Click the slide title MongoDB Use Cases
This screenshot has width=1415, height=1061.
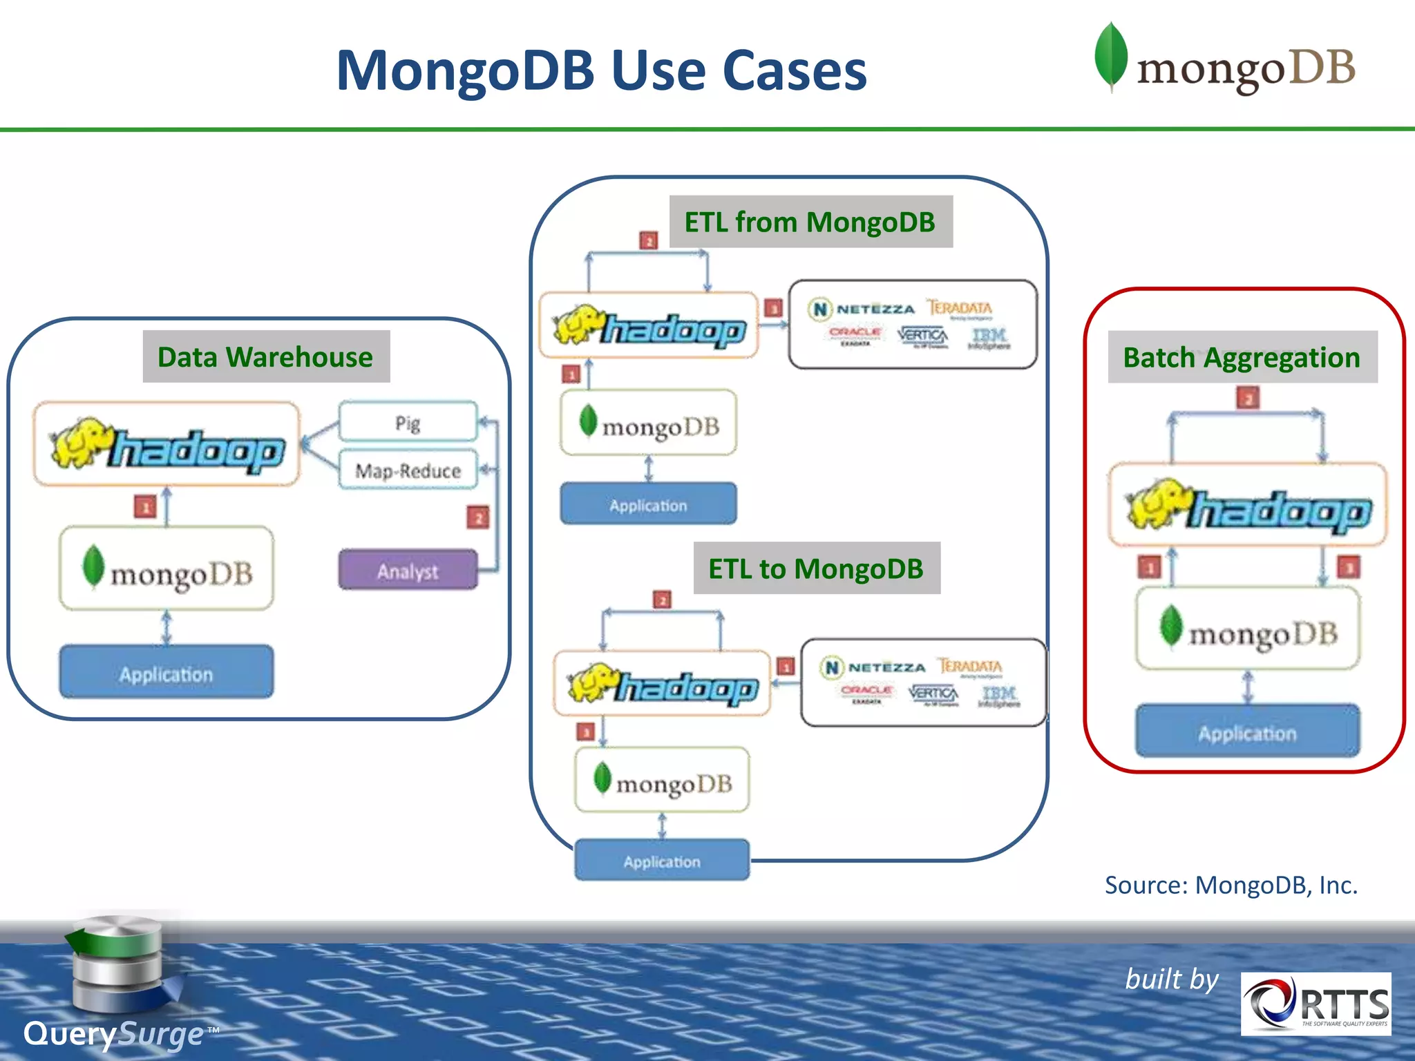[x=601, y=70]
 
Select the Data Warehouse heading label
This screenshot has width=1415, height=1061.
[x=266, y=356]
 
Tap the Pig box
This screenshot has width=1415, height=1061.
[x=408, y=422]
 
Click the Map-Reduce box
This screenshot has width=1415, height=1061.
[x=408, y=470]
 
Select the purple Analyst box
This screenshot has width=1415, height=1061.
[x=408, y=571]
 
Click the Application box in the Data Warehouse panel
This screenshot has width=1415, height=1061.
[x=166, y=673]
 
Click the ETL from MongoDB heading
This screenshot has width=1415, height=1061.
[x=810, y=222]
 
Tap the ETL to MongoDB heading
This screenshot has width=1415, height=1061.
[x=816, y=568]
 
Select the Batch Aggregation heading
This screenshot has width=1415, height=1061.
[x=1242, y=357]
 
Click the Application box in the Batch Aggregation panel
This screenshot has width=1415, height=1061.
[x=1247, y=732]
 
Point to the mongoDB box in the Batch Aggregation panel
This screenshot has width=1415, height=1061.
[x=1248, y=629]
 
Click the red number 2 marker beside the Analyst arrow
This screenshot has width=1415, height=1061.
[x=477, y=517]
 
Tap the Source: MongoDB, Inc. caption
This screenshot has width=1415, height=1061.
[x=1231, y=885]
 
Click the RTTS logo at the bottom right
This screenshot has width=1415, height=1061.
[x=1316, y=1004]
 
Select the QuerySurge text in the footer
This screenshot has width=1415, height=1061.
[x=114, y=1034]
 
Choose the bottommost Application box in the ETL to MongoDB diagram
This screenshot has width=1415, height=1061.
[x=661, y=861]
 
